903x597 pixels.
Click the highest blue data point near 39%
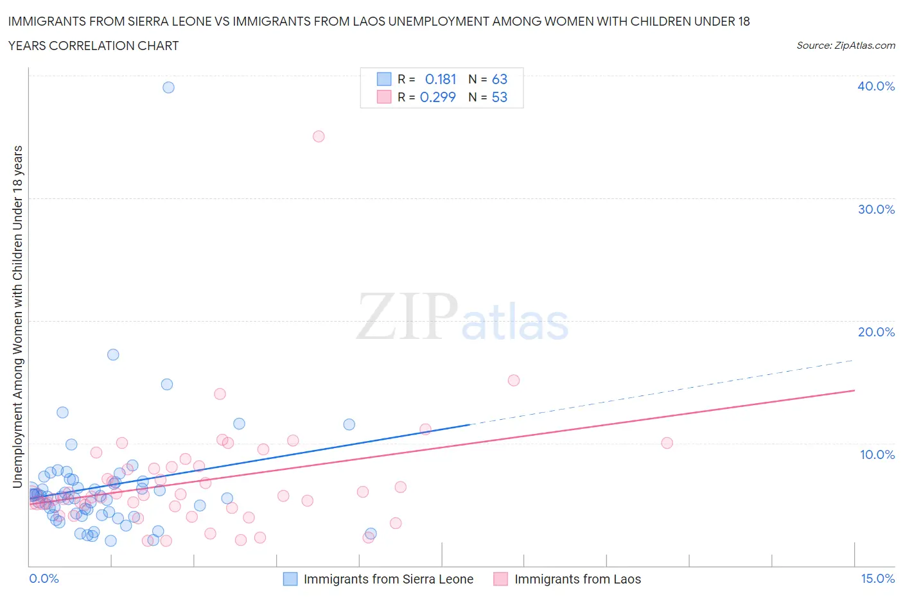pyautogui.click(x=168, y=87)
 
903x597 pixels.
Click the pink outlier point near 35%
pyautogui.click(x=319, y=136)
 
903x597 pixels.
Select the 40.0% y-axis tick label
pyautogui.click(x=876, y=86)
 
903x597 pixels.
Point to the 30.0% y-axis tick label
pyautogui.click(x=876, y=209)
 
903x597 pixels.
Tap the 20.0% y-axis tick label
pyautogui.click(x=876, y=332)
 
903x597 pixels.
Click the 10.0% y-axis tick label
pyautogui.click(x=877, y=454)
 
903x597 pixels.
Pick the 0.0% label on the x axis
pyautogui.click(x=44, y=578)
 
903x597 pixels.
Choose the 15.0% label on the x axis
pyautogui.click(x=877, y=578)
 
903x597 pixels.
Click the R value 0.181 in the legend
pyautogui.click(x=441, y=79)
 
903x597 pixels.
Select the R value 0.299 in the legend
pyautogui.click(x=437, y=97)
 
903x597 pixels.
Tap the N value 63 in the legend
pyautogui.click(x=500, y=79)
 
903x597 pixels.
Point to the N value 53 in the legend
pyautogui.click(x=500, y=97)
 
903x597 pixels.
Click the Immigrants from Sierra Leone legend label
pyautogui.click(x=388, y=579)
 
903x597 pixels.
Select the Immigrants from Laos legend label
pyautogui.click(x=577, y=579)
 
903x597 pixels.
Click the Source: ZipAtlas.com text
pyautogui.click(x=845, y=46)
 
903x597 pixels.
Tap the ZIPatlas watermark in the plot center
pyautogui.click(x=462, y=317)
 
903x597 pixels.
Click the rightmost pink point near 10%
pyautogui.click(x=667, y=443)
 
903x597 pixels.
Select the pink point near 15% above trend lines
pyautogui.click(x=513, y=380)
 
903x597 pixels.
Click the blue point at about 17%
pyautogui.click(x=113, y=354)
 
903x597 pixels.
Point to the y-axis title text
pyautogui.click(x=18, y=316)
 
